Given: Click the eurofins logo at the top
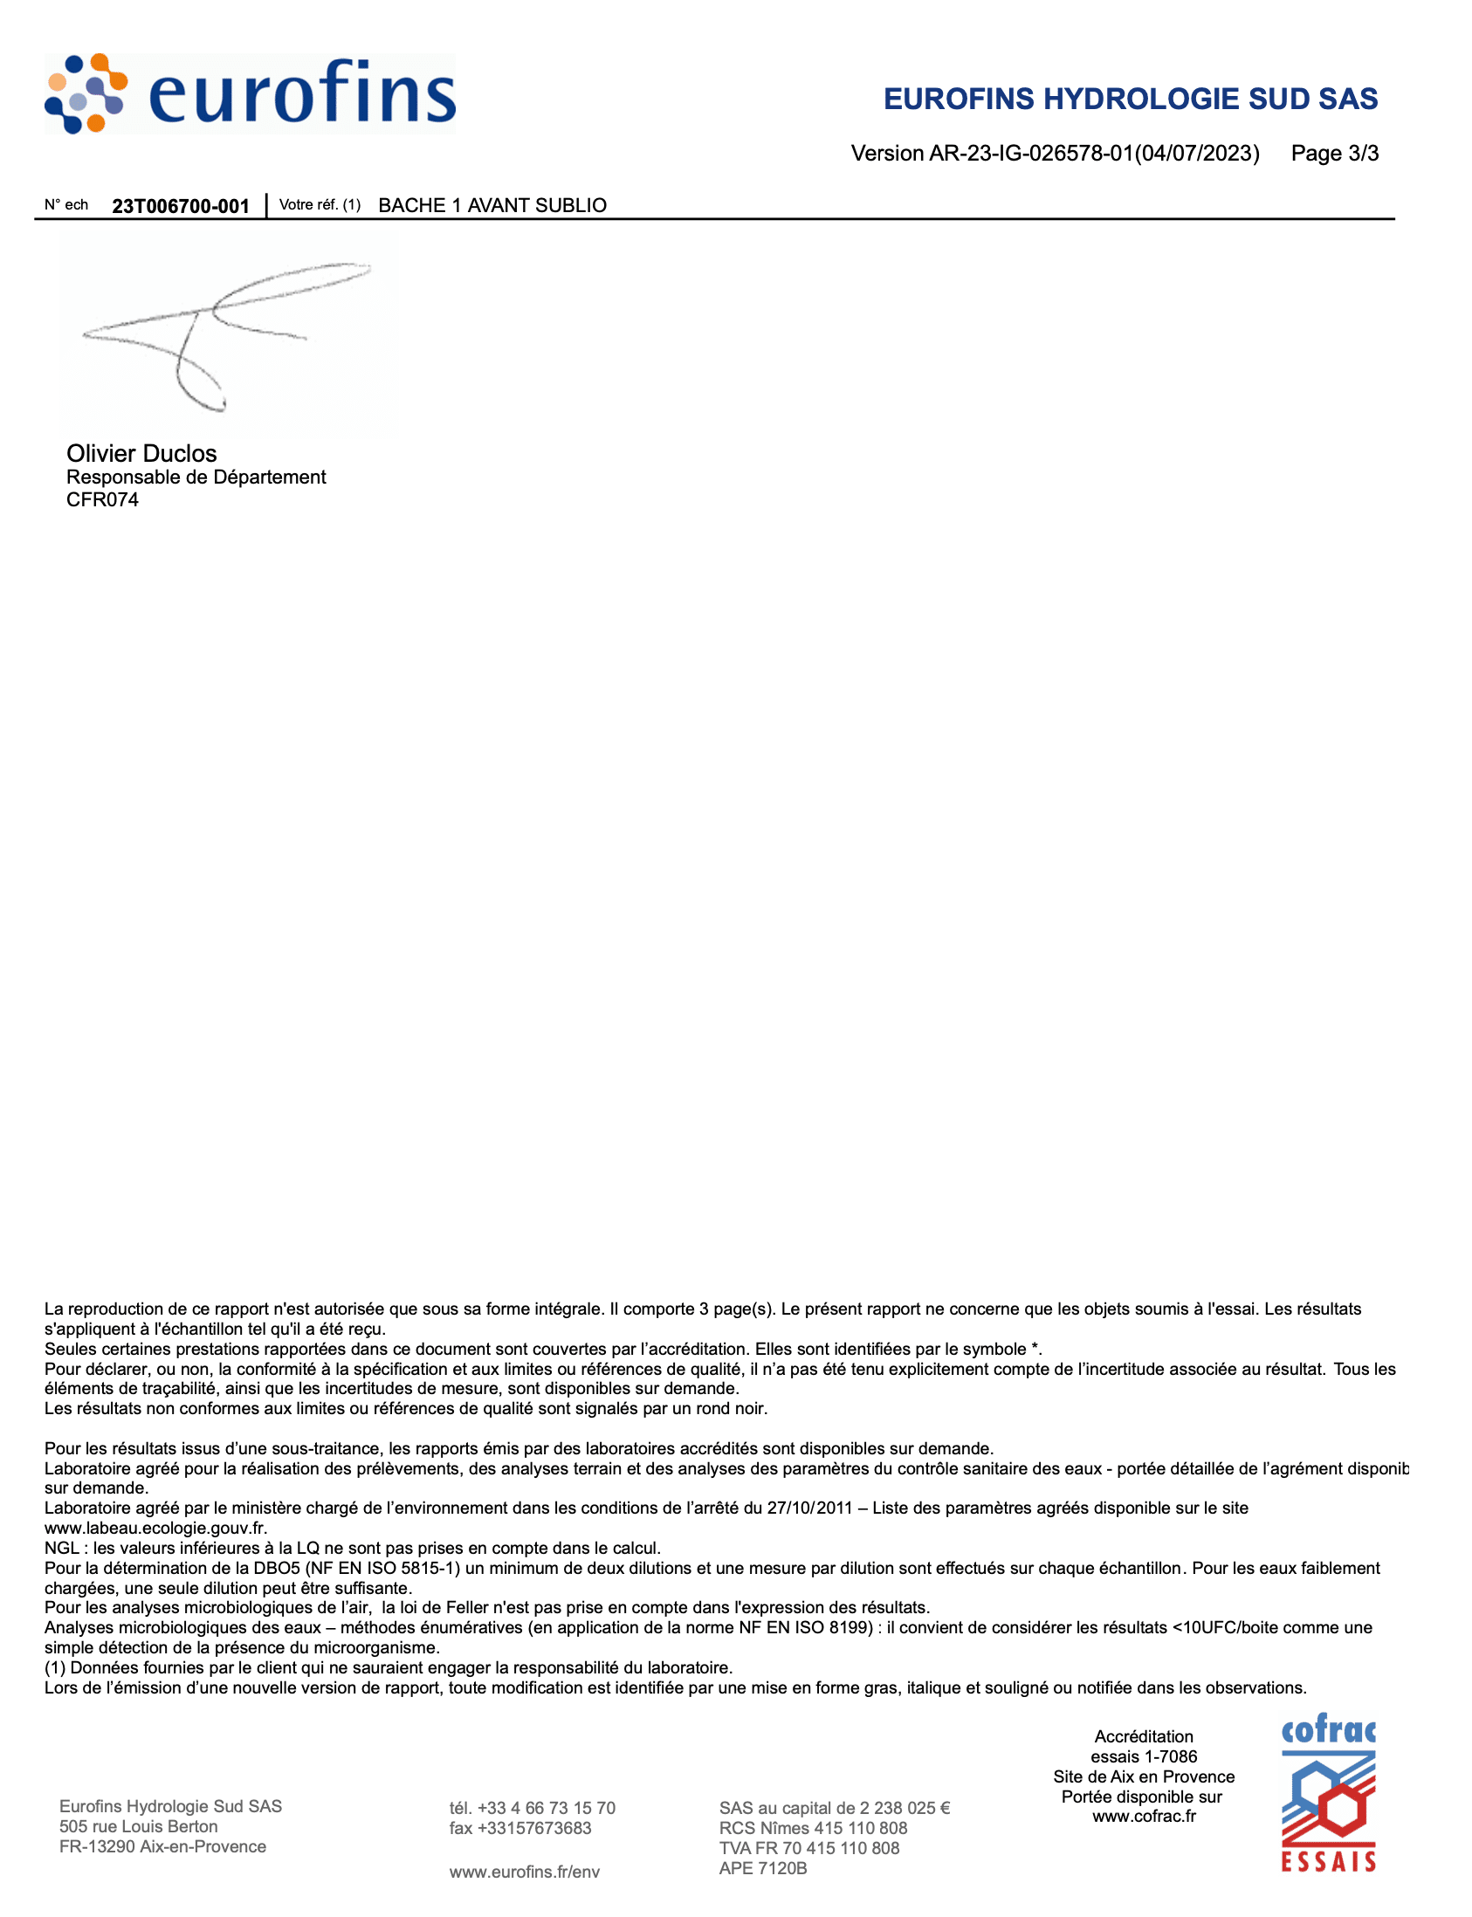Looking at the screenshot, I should tap(250, 93).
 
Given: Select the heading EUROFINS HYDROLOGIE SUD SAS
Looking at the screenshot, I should tap(1131, 99).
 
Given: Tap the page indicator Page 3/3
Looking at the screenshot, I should tap(1334, 154).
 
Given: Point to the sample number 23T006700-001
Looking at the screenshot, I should tap(181, 206).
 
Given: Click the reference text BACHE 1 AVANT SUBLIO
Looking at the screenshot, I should tap(492, 205).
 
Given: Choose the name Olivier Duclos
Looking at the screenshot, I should tap(141, 453).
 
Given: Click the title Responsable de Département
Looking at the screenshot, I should tap(196, 477).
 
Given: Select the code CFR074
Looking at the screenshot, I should tap(102, 499).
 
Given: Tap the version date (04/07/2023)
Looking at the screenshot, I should tap(1197, 154).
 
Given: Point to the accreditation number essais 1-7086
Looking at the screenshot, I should tap(1144, 1756).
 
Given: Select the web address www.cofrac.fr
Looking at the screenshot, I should tap(1144, 1817).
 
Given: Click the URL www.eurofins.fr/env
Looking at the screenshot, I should tap(525, 1872).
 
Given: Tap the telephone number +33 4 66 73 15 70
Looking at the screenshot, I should tap(546, 1808).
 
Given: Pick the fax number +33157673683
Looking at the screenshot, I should tap(534, 1828).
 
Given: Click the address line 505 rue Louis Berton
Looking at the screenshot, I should tap(139, 1826).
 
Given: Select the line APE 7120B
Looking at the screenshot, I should tap(763, 1868).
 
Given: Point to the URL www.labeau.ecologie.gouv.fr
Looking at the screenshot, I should tap(155, 1528).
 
